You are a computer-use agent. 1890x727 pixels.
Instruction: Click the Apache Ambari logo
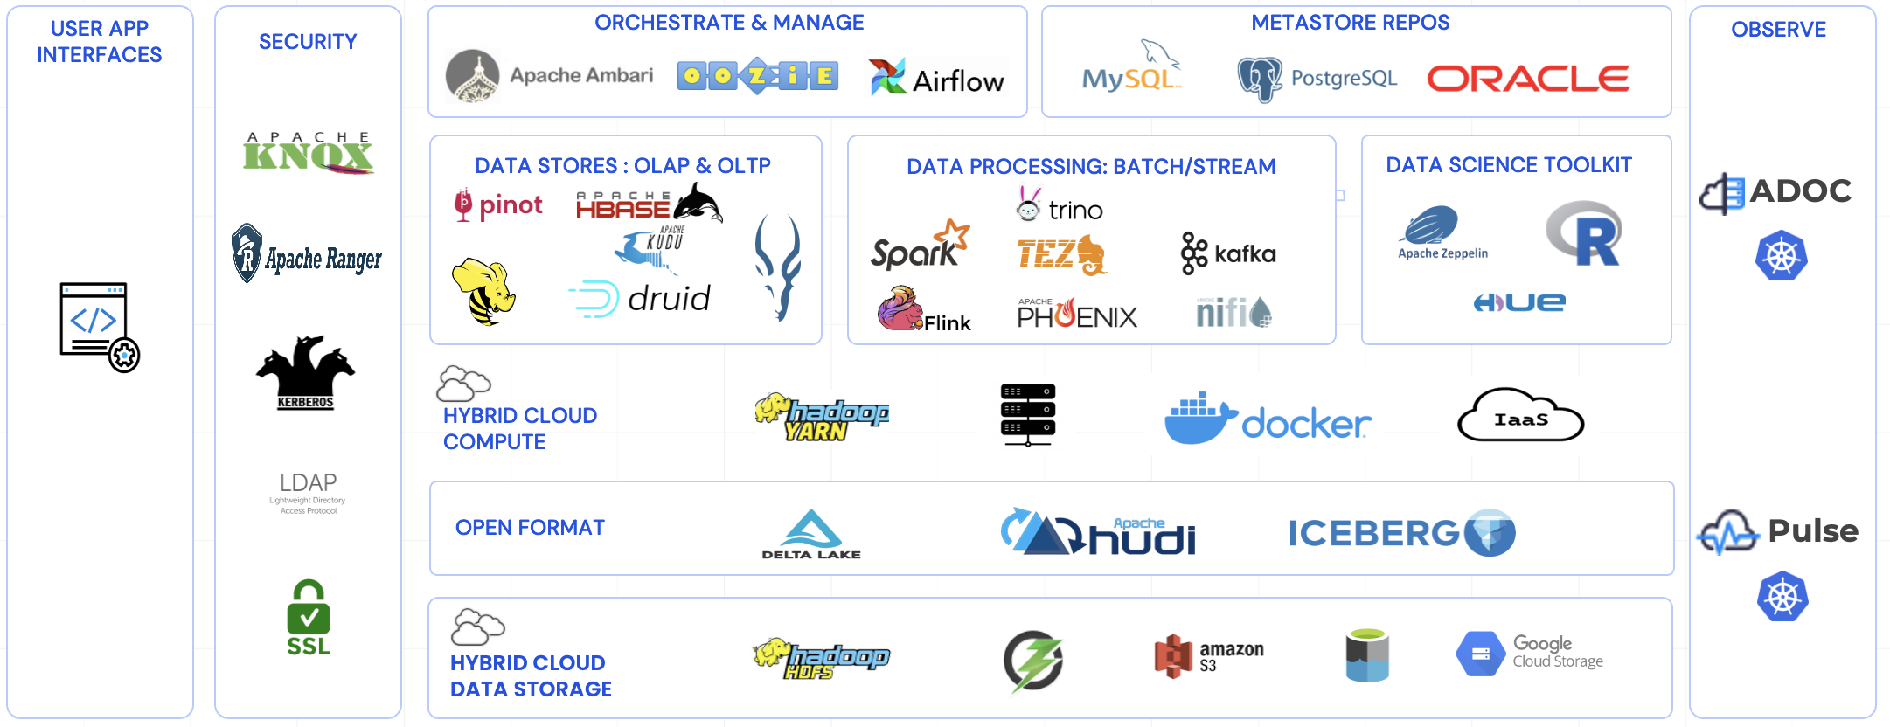tap(549, 76)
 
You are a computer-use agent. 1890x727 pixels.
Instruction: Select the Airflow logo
tap(937, 78)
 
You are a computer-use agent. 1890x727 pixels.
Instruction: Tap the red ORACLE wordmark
tap(1528, 79)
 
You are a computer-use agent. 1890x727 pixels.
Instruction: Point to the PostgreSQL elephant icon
tap(1260, 80)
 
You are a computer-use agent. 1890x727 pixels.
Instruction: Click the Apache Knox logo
tap(309, 154)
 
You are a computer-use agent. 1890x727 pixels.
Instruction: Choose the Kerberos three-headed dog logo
tap(305, 372)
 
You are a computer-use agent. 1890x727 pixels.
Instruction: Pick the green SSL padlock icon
tap(309, 617)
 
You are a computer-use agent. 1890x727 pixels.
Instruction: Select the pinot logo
tap(497, 204)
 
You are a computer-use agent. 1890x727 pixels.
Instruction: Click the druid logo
tap(640, 299)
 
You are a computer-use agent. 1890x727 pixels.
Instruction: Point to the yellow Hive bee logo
tap(483, 291)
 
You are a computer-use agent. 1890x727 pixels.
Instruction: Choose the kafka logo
tap(1228, 253)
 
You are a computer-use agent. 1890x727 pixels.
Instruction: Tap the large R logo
tap(1584, 233)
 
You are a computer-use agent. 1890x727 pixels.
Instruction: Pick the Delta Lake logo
tap(811, 534)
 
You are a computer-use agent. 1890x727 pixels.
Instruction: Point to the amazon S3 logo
tap(1209, 656)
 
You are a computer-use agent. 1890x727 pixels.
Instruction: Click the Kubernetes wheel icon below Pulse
tap(1782, 597)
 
